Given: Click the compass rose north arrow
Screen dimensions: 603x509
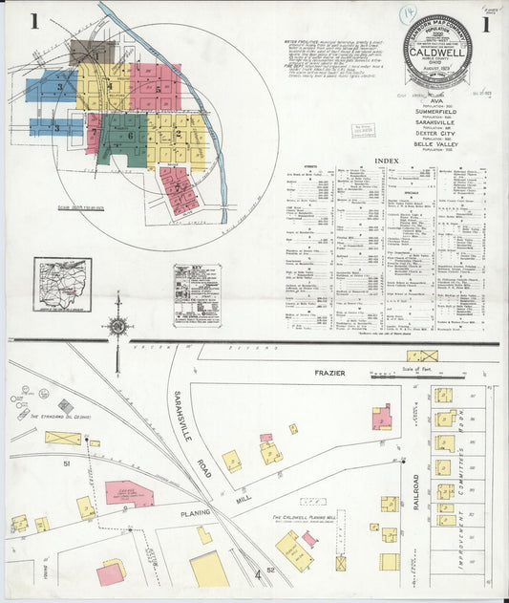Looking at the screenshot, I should click(x=117, y=326).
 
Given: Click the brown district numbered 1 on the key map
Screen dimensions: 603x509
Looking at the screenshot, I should click(x=92, y=52).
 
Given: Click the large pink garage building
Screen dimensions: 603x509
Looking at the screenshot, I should click(x=129, y=493).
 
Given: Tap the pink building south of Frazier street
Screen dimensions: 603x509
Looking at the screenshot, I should click(x=381, y=417).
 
